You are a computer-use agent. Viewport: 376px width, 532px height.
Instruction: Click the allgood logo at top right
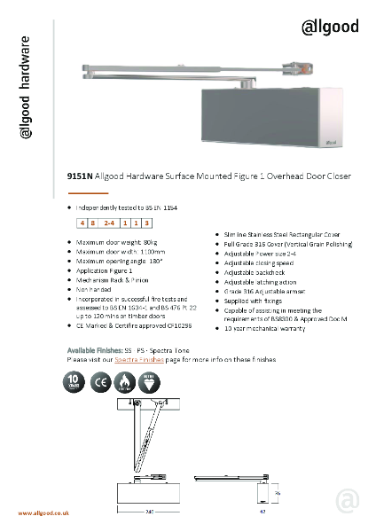tap(331, 27)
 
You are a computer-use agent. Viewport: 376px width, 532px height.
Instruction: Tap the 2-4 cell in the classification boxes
tap(109, 223)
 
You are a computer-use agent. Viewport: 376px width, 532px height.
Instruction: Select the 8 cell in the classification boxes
tap(93, 223)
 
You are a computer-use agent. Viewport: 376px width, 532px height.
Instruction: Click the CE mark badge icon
tap(101, 382)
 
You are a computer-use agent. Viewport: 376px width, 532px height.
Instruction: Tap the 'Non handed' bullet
tap(96, 288)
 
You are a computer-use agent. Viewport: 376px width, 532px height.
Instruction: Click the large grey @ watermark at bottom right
tap(348, 501)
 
